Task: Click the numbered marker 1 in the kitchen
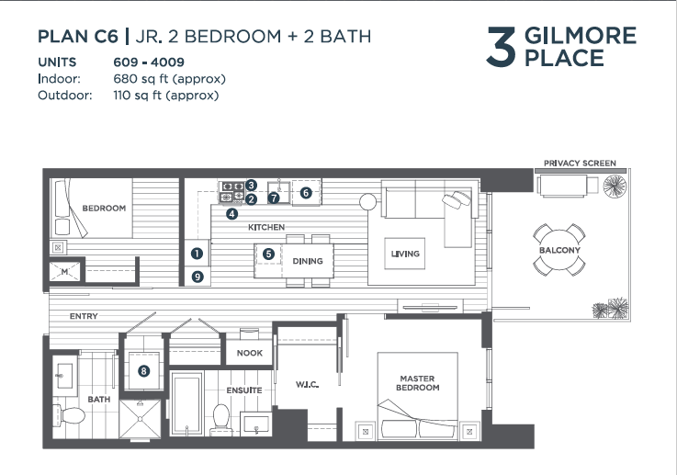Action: click(197, 254)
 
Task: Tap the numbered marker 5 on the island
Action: click(268, 254)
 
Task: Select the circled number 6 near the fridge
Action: click(306, 193)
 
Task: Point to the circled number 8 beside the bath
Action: click(144, 370)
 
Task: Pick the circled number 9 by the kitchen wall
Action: click(197, 277)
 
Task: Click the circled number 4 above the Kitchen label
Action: click(231, 213)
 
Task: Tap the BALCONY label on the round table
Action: click(559, 250)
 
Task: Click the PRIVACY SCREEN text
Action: click(580, 164)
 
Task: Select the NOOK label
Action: click(250, 353)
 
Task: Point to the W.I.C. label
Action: click(308, 384)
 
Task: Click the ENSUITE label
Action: click(244, 390)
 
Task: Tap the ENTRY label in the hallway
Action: click(84, 316)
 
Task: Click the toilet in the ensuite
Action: click(221, 419)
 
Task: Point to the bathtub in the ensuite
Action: click(187, 403)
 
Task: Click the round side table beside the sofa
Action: click(367, 201)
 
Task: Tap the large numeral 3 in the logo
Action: click(501, 47)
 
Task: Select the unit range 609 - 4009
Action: click(149, 62)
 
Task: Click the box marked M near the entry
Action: click(65, 272)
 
